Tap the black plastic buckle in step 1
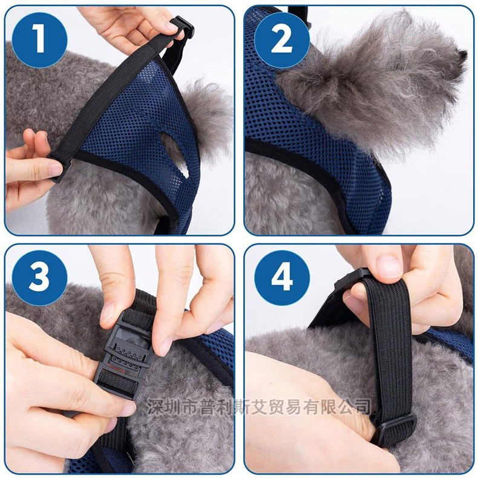pyautogui.click(x=180, y=29)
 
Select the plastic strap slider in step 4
pyautogui.click(x=393, y=427)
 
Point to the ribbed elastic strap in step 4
pyautogui.click(x=387, y=339)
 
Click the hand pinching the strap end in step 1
pyautogui.click(x=30, y=163)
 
